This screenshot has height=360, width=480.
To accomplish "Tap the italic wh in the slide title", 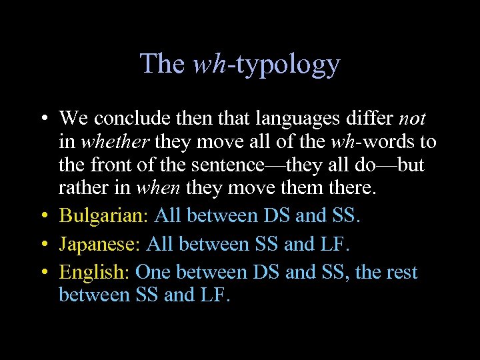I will point(209,64).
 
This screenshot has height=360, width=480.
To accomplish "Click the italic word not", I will point(412,119).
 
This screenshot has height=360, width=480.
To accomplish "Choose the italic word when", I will point(159,187).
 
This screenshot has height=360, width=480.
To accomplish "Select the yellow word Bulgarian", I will point(103,215).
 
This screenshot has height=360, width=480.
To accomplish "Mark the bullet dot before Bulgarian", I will point(43,216).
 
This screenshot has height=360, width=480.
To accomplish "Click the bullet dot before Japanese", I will point(43,245).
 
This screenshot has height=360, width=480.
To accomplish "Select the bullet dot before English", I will point(43,273).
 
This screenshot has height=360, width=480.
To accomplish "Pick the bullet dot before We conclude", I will point(43,119).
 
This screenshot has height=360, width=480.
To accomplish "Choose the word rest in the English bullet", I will point(399,272).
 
